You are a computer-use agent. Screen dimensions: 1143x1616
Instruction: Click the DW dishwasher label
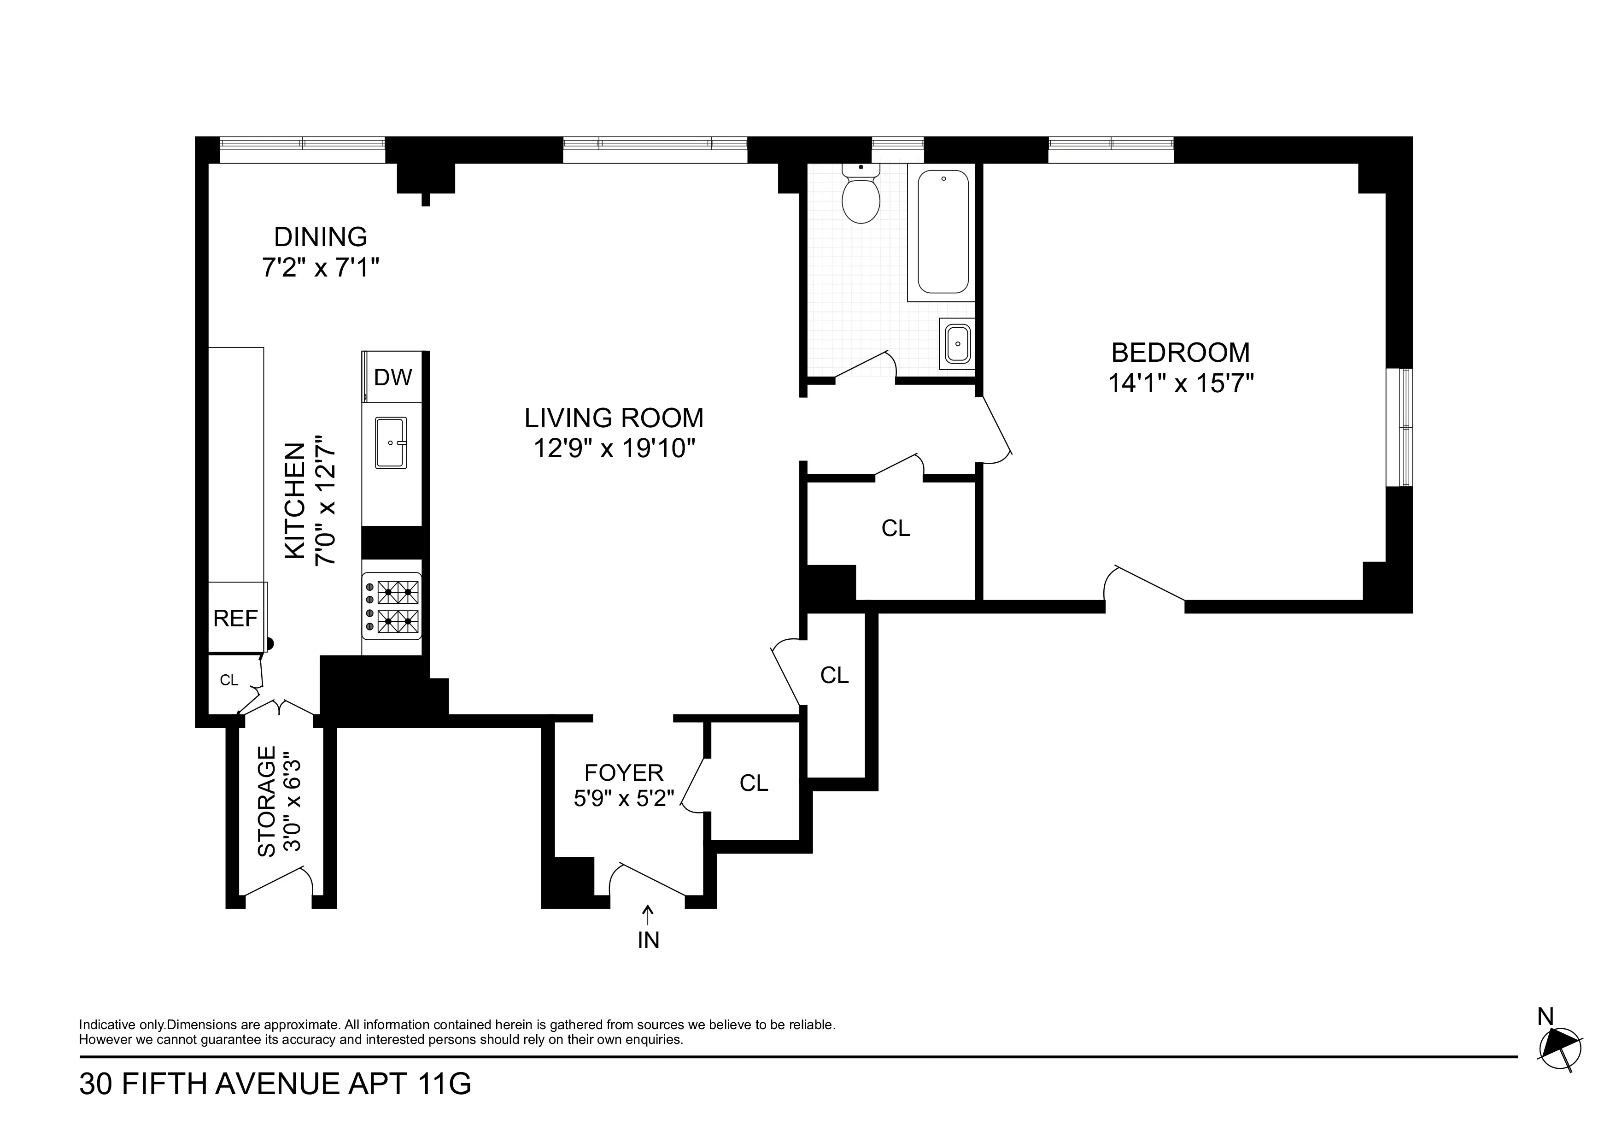click(x=393, y=377)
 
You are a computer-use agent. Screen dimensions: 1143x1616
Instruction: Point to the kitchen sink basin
click(x=391, y=442)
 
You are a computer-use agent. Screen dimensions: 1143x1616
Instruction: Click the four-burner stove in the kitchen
click(x=392, y=607)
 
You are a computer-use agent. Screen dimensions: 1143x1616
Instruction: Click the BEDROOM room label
click(x=1180, y=352)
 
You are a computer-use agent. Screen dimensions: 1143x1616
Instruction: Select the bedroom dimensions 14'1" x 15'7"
click(x=1180, y=384)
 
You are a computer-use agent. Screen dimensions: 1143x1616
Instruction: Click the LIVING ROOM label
click(x=614, y=418)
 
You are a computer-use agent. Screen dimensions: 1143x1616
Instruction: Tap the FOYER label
click(x=624, y=772)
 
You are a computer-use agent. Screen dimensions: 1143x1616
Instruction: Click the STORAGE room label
click(x=267, y=801)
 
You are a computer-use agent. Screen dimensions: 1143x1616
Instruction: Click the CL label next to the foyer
click(x=754, y=783)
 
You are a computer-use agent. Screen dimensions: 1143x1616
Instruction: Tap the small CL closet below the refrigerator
click(x=229, y=680)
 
